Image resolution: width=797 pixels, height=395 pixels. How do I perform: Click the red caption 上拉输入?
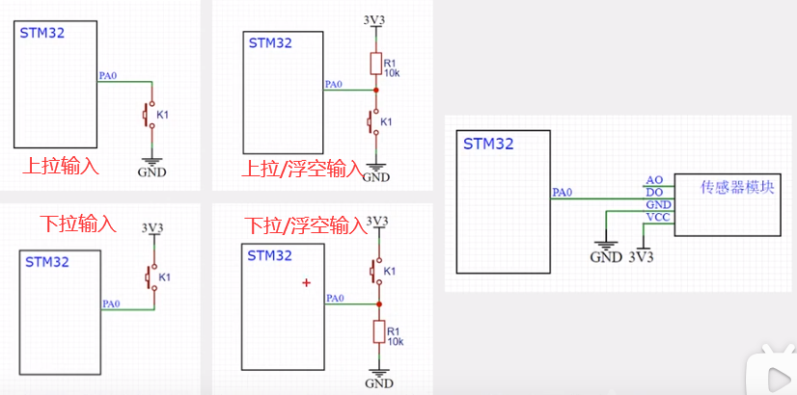61,166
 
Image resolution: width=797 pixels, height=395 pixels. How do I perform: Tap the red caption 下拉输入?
77,224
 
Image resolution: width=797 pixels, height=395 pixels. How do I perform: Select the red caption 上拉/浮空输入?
300,170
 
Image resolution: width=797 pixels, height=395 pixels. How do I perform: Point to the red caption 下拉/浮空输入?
305,226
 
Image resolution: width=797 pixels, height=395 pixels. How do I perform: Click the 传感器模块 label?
738,186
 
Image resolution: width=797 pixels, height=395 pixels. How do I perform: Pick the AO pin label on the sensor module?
654,180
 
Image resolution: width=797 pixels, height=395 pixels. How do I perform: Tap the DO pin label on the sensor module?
654,193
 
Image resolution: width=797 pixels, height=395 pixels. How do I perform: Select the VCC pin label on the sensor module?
657,218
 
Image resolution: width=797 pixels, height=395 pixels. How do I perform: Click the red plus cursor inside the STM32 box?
307,282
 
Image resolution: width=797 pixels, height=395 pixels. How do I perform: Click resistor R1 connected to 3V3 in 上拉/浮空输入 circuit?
376,65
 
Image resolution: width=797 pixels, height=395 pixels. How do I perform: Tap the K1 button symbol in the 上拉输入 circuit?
150,116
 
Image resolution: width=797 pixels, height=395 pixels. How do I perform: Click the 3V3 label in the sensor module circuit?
641,257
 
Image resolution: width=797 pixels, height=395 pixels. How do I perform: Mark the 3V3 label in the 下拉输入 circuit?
151,228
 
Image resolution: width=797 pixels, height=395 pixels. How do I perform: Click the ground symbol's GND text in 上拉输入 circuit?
151,172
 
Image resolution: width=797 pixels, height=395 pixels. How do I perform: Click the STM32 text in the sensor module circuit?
488,145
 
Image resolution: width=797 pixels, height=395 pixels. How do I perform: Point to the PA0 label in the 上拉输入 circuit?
109,75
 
